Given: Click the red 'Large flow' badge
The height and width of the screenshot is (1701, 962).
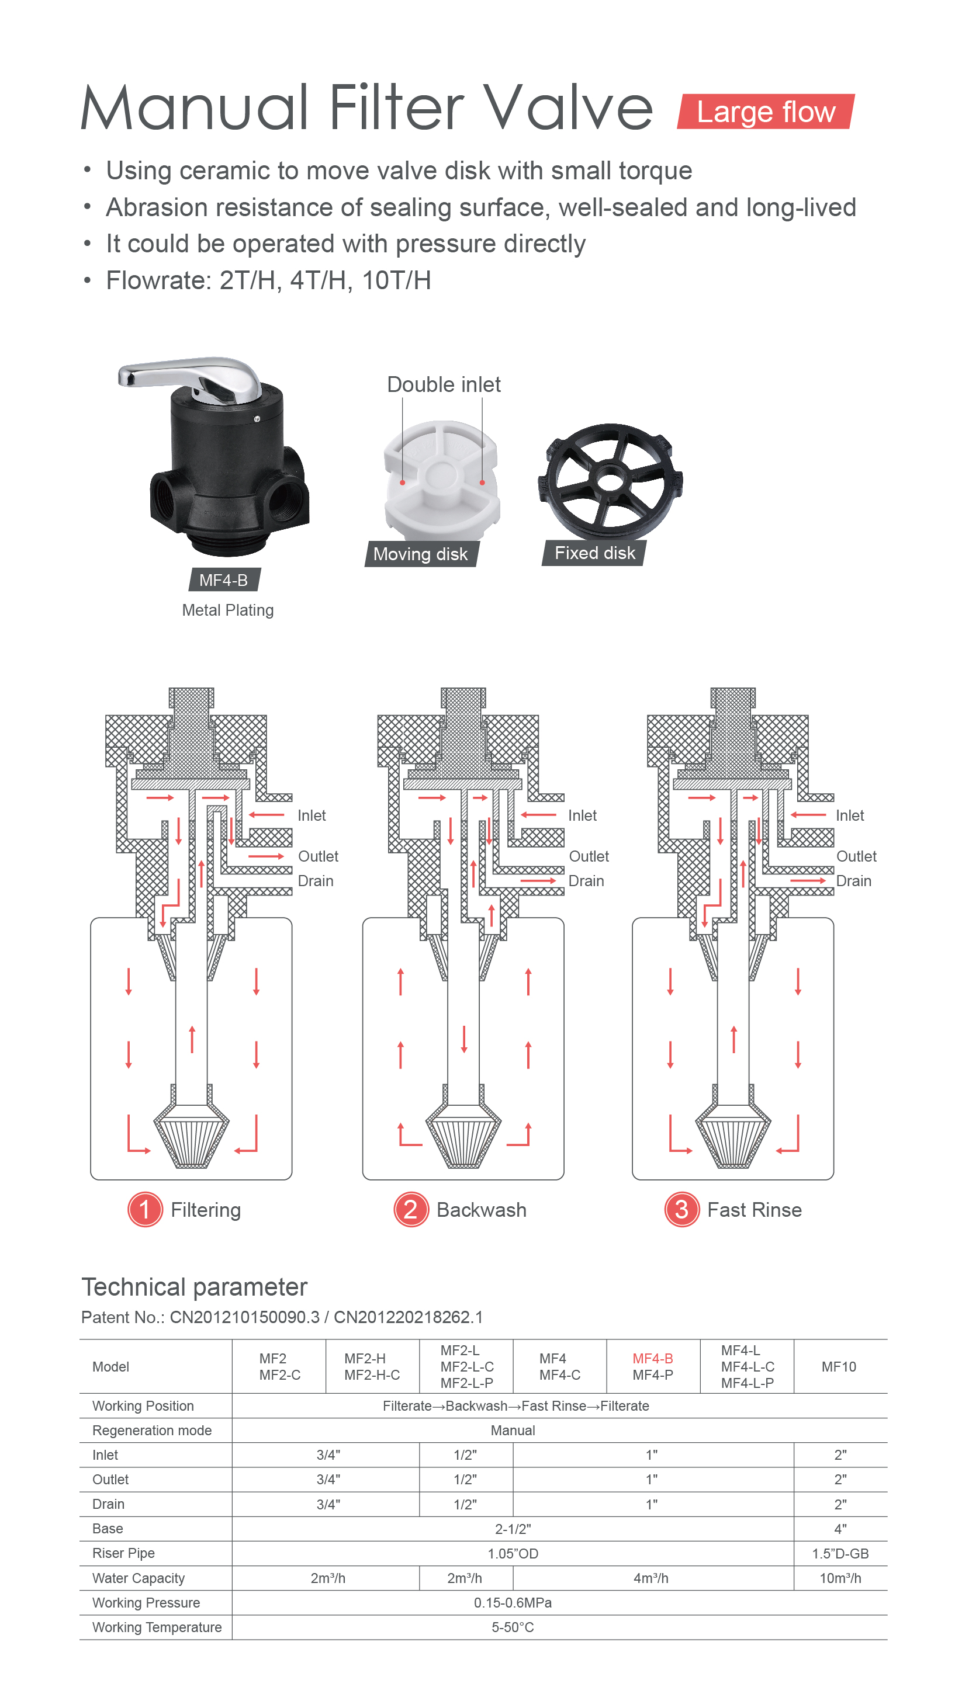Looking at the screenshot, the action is click(x=766, y=112).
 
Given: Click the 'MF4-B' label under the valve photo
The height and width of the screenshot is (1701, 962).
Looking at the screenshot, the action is click(x=224, y=580).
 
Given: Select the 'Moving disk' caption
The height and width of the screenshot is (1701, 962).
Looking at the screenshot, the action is click(x=421, y=554).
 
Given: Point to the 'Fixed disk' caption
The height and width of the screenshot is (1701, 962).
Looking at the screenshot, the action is click(x=594, y=553).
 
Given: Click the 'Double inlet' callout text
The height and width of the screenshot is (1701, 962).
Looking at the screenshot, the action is click(x=444, y=384).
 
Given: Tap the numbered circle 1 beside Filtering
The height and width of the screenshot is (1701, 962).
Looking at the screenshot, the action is click(x=145, y=1210).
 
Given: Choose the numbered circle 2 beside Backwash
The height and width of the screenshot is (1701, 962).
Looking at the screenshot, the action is click(x=411, y=1210).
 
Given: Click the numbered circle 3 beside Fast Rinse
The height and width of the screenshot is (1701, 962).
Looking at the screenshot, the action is click(x=682, y=1210).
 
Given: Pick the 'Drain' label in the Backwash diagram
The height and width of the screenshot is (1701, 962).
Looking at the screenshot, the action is click(x=586, y=881).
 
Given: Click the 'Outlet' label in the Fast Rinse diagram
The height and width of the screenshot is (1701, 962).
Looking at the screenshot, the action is click(x=856, y=856).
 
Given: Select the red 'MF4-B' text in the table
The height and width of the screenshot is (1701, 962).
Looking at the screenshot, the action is click(x=653, y=1358).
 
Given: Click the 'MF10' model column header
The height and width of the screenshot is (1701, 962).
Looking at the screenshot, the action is click(x=839, y=1367).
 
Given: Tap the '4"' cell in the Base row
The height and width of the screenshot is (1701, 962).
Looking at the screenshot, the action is click(x=840, y=1529).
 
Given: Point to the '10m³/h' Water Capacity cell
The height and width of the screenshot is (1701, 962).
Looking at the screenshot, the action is click(x=840, y=1578).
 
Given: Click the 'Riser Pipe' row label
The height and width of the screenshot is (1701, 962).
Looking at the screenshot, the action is click(x=123, y=1553).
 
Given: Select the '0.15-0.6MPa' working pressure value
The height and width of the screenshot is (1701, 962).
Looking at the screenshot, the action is click(x=513, y=1603).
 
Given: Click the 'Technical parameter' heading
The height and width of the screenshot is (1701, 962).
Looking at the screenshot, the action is click(x=194, y=1287).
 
